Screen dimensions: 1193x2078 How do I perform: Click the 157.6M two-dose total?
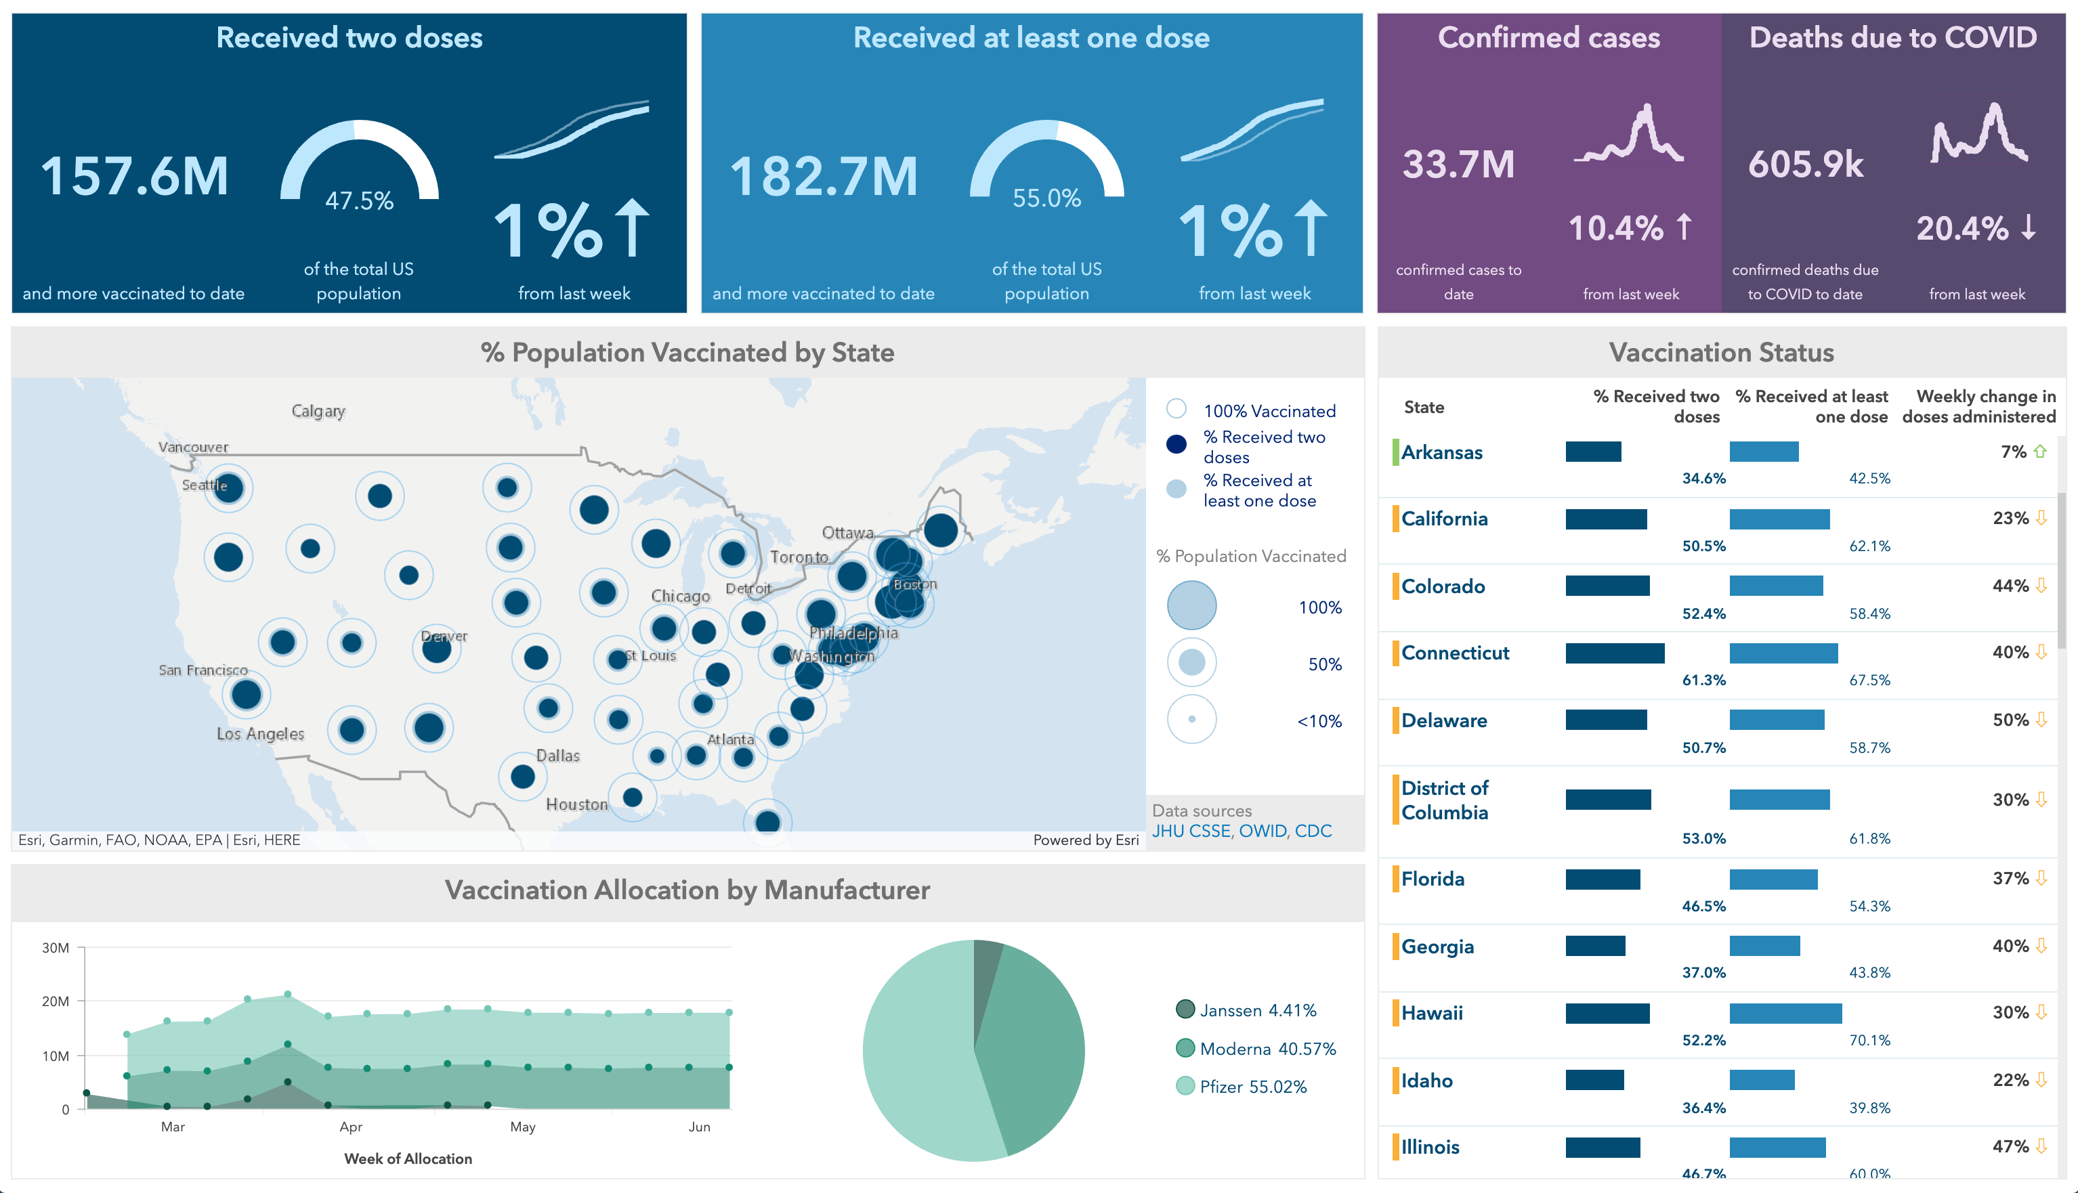(x=134, y=176)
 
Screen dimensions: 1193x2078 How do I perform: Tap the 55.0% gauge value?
(x=1046, y=198)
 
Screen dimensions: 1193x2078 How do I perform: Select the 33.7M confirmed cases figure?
(x=1458, y=165)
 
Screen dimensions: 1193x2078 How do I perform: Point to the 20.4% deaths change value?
(x=1962, y=227)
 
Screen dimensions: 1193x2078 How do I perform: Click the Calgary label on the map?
(x=318, y=410)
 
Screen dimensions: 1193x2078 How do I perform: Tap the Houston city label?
(x=577, y=804)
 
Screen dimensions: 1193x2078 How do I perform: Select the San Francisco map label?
(x=203, y=670)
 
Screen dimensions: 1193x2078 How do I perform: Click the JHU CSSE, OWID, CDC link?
(x=1242, y=831)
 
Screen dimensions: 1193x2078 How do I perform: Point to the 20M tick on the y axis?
(x=55, y=1001)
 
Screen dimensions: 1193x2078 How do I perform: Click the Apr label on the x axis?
(x=351, y=1127)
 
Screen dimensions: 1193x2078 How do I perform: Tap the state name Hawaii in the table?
(x=1431, y=1013)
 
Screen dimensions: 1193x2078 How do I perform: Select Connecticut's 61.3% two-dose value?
(x=1703, y=680)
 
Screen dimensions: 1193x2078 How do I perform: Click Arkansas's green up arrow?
(x=2040, y=452)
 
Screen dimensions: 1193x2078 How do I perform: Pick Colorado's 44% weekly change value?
(x=2010, y=586)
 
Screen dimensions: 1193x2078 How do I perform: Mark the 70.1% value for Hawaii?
(x=1869, y=1040)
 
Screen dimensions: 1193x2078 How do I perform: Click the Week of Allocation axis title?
(x=408, y=1158)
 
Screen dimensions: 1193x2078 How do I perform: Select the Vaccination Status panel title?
(x=1721, y=352)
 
